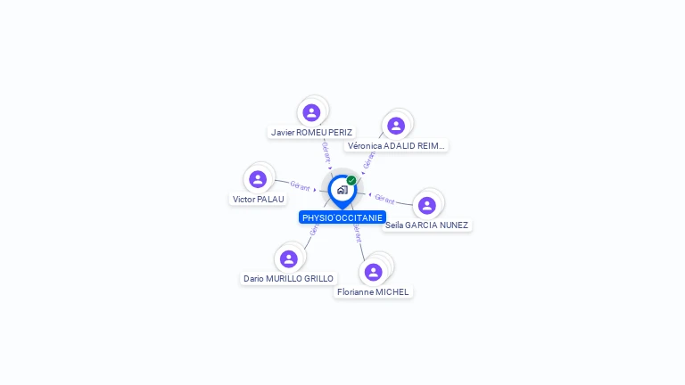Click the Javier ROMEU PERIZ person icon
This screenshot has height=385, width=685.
pyautogui.click(x=311, y=112)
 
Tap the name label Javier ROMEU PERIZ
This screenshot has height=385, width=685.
pyautogui.click(x=311, y=132)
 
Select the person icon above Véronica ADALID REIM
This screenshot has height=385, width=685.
pyautogui.click(x=396, y=126)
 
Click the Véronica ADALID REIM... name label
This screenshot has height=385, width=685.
pyautogui.click(x=396, y=145)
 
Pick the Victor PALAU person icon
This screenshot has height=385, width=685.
pyautogui.click(x=258, y=179)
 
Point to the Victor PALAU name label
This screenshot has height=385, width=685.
pyautogui.click(x=259, y=199)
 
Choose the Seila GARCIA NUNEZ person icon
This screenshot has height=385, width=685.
pyautogui.click(x=427, y=205)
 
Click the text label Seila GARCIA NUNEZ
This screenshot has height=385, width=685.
pyautogui.click(x=426, y=225)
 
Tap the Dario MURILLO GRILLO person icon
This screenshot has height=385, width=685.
pyautogui.click(x=288, y=258)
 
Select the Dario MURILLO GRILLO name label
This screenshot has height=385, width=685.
pyautogui.click(x=288, y=278)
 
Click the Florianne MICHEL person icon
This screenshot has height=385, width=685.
pyautogui.click(x=374, y=272)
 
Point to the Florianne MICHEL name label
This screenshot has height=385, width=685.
pyautogui.click(x=374, y=291)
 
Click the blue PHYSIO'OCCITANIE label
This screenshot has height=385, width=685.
pyautogui.click(x=342, y=217)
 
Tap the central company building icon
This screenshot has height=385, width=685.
pyautogui.click(x=342, y=190)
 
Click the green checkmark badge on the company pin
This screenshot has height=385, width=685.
pyautogui.click(x=351, y=181)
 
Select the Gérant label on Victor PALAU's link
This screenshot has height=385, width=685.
pyautogui.click(x=300, y=186)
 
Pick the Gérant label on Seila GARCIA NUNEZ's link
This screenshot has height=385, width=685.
pyautogui.click(x=384, y=199)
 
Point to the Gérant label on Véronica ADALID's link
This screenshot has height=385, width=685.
pyautogui.click(x=369, y=159)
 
